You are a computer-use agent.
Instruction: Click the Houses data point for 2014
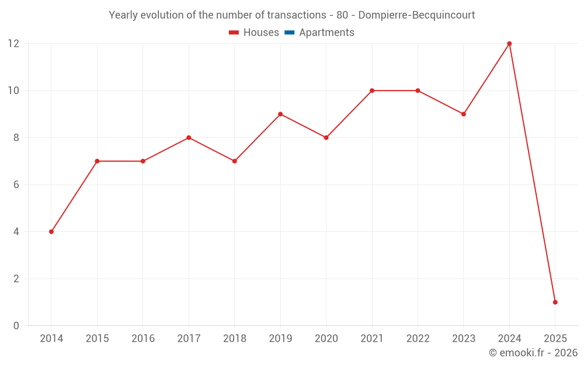51,232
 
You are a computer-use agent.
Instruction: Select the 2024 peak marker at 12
509,44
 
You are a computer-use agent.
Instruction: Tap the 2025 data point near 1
555,302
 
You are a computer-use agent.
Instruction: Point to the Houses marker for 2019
280,114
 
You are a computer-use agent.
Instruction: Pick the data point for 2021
372,91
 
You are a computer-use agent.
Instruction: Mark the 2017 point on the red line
189,138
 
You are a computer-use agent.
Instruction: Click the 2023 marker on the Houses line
464,114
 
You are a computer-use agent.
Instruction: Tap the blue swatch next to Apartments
290,33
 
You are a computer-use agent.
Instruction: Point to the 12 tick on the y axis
13,44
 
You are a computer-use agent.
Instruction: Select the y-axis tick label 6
16,185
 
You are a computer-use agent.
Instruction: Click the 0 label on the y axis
16,325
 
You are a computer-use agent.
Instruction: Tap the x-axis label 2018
235,339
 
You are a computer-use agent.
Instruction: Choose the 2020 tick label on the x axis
326,339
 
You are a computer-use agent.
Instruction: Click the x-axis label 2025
555,339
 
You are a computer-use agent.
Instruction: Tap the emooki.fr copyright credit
533,353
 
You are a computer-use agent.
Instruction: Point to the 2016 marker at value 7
143,161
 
